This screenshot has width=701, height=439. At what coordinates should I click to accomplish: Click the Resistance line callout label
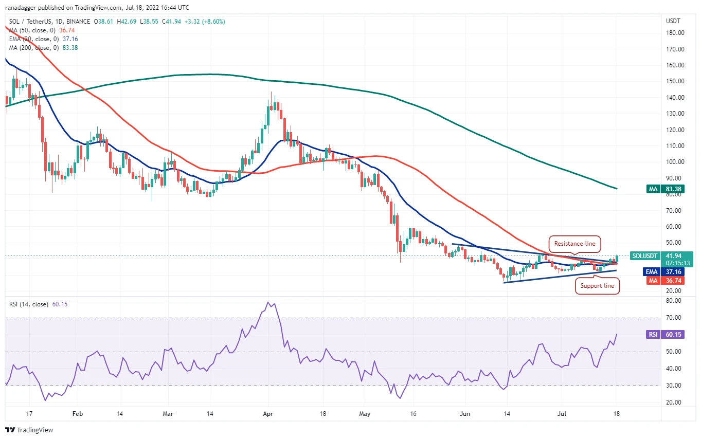[574, 244]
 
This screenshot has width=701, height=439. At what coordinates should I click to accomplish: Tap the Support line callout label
[597, 286]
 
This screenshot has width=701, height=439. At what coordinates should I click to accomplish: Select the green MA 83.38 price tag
[666, 189]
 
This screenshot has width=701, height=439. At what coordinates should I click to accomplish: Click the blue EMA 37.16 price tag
[663, 271]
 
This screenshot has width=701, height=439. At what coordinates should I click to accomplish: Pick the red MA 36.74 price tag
[666, 280]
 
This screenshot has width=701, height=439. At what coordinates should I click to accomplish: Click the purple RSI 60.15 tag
[666, 335]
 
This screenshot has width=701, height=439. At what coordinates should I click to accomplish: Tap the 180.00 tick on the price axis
[675, 33]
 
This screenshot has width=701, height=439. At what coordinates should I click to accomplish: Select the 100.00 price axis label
[675, 162]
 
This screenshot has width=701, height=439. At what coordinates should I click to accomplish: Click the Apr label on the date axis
[268, 414]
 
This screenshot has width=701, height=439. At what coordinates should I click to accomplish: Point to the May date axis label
[365, 414]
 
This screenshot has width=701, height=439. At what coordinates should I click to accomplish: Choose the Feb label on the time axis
[78, 414]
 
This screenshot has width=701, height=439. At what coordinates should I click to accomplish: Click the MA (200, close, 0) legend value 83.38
[70, 48]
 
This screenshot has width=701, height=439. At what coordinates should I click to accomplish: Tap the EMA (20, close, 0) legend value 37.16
[70, 39]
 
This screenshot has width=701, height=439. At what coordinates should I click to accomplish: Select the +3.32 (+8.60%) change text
[205, 22]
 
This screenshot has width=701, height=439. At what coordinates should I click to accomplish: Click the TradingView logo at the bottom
[29, 430]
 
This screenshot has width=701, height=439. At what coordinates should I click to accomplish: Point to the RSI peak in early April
[268, 302]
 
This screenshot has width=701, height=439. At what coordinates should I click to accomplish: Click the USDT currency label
[673, 21]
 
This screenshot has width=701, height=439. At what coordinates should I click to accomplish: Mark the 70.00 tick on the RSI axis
[673, 318]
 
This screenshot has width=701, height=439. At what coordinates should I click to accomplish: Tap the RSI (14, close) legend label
[29, 304]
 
